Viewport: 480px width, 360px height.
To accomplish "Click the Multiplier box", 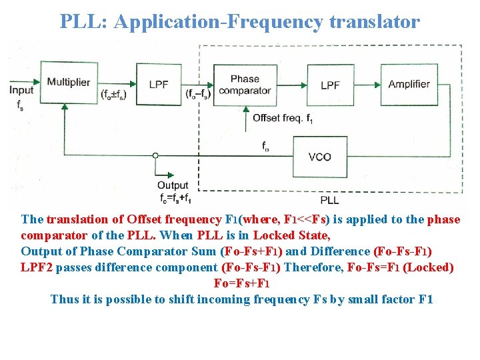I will (69, 83).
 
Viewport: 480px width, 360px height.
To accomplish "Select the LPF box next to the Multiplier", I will (158, 84).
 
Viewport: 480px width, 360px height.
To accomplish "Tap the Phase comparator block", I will (245, 85).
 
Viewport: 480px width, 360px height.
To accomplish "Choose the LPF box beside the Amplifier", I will (330, 85).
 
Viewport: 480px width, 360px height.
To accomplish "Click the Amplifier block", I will (409, 84).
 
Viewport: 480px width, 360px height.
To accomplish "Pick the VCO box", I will (320, 157).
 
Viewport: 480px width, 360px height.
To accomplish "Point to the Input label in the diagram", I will (21, 90).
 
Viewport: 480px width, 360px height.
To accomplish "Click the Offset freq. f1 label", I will (281, 119).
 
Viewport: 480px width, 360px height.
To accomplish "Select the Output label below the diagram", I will (173, 185).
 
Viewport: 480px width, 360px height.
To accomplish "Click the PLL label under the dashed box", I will (329, 199).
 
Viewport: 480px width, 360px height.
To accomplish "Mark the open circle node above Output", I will (155, 156).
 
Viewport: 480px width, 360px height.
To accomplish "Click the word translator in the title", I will (375, 21).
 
